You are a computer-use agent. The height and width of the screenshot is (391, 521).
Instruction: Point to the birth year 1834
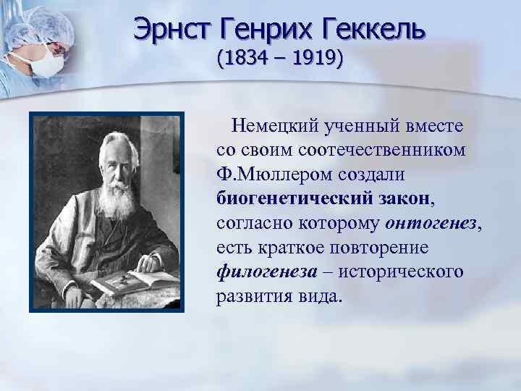pos(243,57)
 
